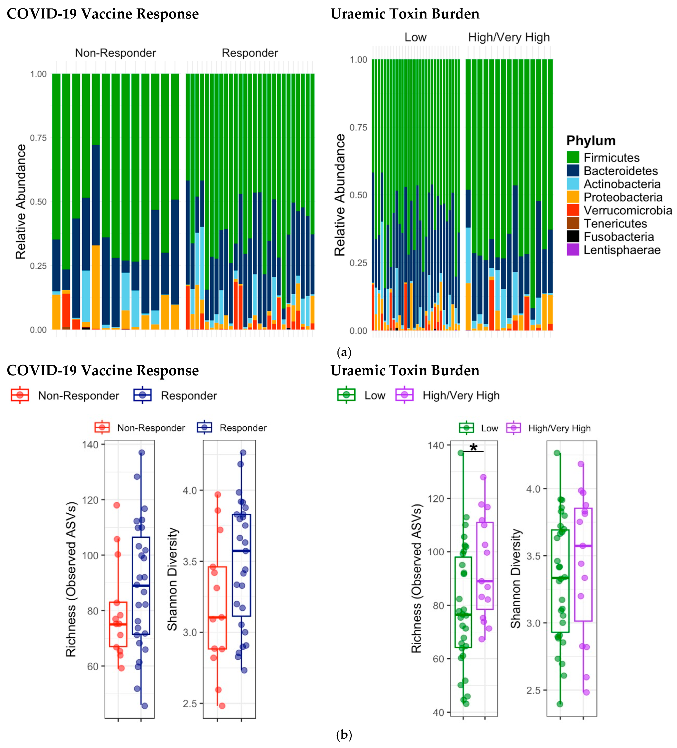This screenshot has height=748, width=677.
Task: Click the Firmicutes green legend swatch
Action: tap(573, 157)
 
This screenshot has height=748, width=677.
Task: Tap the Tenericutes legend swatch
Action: tap(573, 223)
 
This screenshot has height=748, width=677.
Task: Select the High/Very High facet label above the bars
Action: tap(509, 38)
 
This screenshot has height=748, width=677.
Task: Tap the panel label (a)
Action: tap(344, 352)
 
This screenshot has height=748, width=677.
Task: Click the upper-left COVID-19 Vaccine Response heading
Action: tap(103, 14)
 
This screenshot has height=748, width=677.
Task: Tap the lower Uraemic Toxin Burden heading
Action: tap(405, 370)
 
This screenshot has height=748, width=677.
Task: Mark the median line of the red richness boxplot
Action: tap(118, 624)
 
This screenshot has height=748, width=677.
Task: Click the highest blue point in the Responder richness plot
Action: tap(141, 453)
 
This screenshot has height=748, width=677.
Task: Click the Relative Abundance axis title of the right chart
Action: tap(340, 195)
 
